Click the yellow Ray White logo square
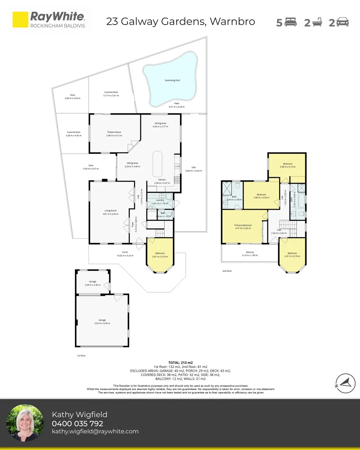click(20, 20)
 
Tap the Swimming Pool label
click(172, 80)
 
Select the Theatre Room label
click(114, 132)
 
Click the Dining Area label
click(160, 123)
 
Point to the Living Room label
click(110, 211)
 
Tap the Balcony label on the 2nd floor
click(250, 252)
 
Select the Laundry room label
click(160, 200)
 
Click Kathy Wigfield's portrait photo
click(25, 423)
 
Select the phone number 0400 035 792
click(77, 424)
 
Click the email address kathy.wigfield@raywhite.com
click(95, 432)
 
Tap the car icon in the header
click(342, 22)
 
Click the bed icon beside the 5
click(290, 22)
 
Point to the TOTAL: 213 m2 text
click(180, 362)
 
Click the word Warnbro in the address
click(232, 21)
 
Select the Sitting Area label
click(132, 163)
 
